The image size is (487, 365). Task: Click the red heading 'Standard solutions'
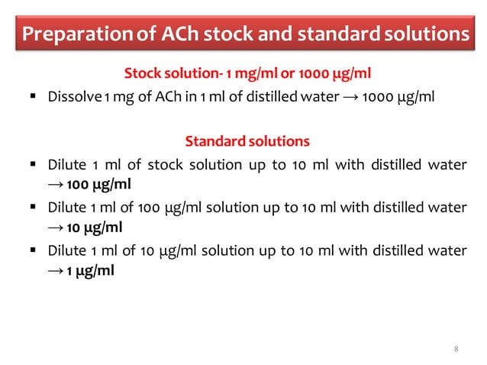click(x=247, y=141)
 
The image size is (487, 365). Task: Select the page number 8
click(x=456, y=349)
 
